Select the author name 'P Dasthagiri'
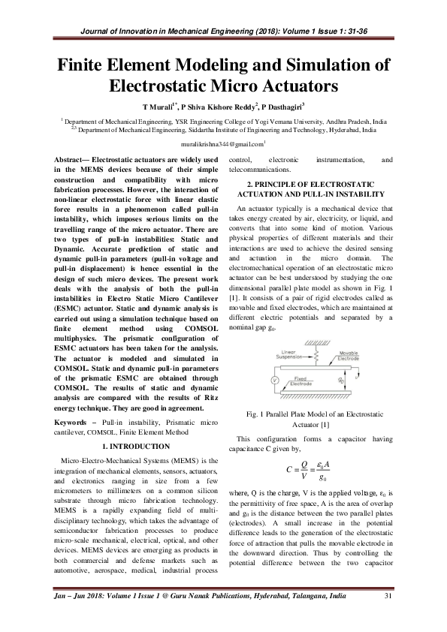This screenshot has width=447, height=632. [x=273, y=107]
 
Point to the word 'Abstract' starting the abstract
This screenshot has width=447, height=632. [x=77, y=161]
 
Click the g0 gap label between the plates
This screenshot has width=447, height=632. [x=342, y=381]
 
